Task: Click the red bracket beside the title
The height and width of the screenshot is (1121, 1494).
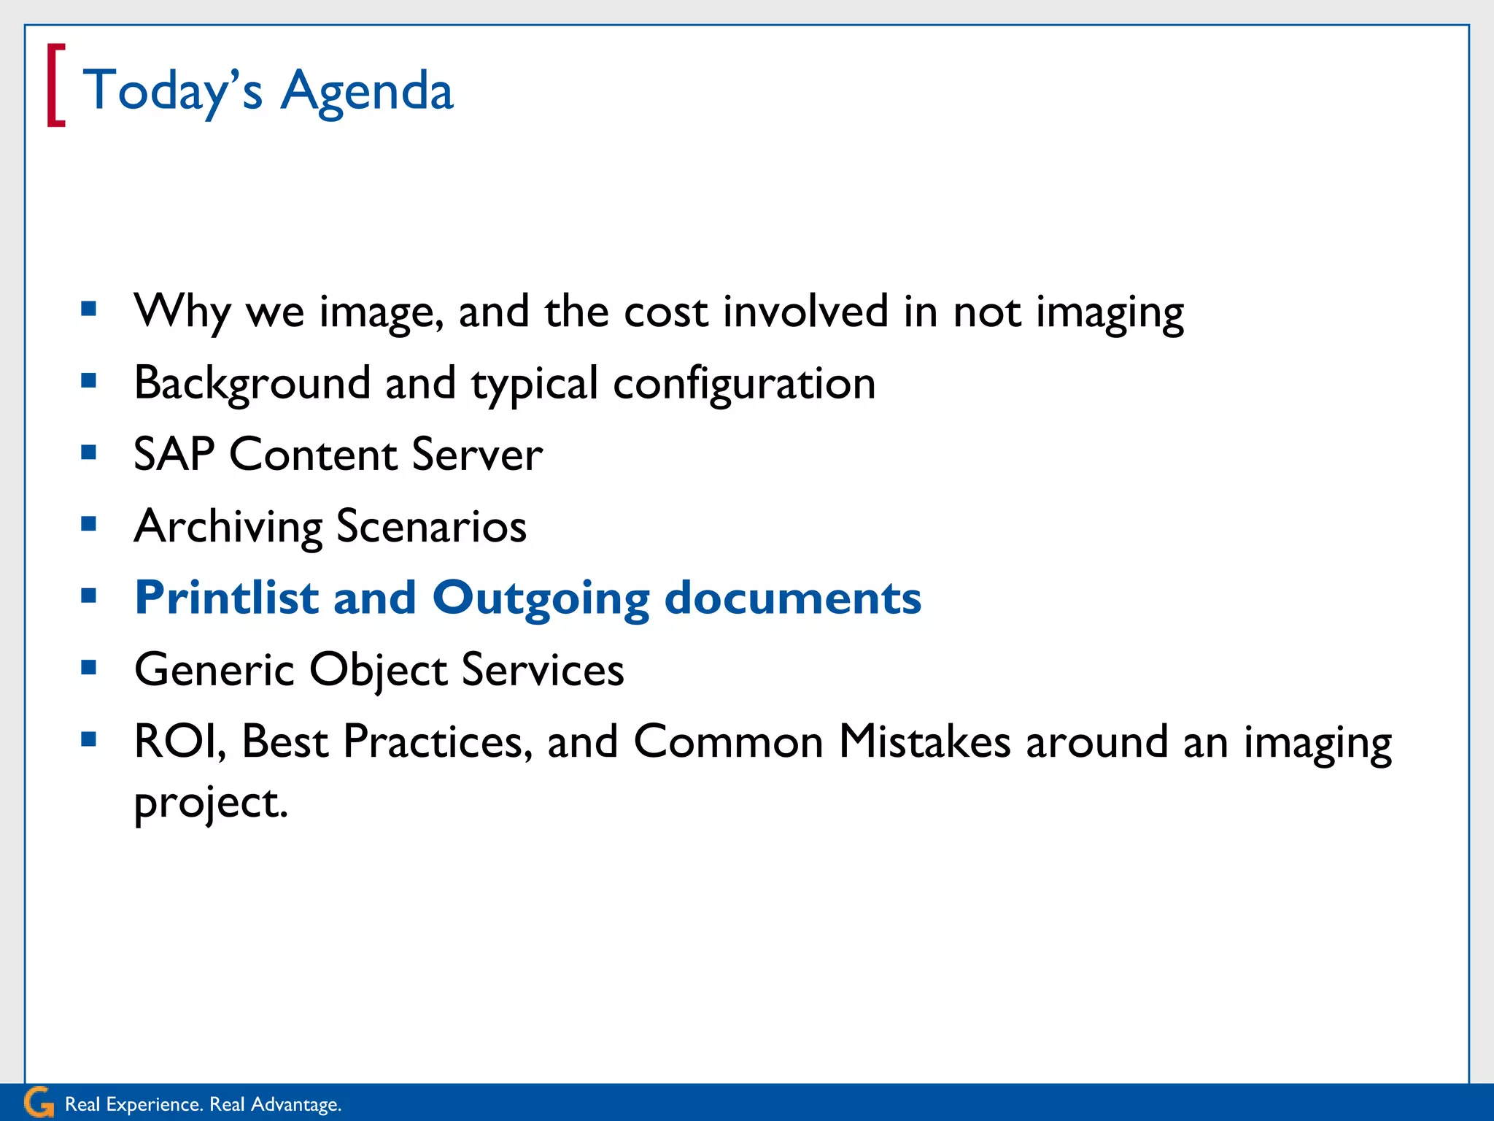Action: click(x=55, y=85)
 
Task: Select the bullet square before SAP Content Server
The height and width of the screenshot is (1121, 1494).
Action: click(x=89, y=452)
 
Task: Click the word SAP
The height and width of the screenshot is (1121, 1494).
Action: click(x=174, y=454)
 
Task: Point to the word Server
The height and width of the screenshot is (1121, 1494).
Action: click(x=477, y=454)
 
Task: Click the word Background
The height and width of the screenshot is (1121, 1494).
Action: click(x=252, y=382)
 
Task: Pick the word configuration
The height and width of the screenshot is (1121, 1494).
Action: click(x=744, y=384)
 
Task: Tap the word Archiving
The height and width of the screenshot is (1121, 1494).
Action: click(x=228, y=526)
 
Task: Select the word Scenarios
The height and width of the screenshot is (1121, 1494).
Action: click(x=431, y=526)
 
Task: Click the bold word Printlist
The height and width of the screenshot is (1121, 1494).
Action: click(x=227, y=598)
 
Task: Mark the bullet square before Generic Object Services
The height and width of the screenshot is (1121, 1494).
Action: click(x=89, y=667)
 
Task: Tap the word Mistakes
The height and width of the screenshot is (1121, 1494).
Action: click(x=924, y=741)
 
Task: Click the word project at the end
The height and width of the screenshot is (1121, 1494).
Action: click(x=211, y=804)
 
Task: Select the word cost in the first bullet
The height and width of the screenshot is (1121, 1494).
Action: click(x=665, y=312)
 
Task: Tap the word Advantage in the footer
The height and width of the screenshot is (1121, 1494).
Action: click(x=295, y=1104)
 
